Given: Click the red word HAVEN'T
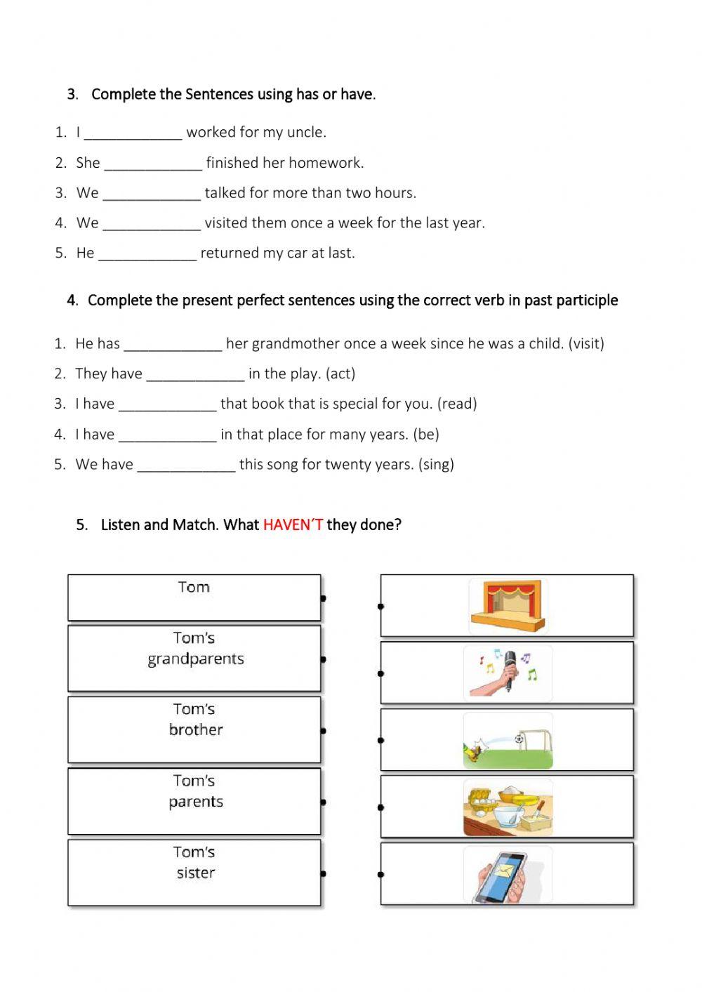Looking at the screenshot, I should [x=293, y=524].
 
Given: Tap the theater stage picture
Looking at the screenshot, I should [x=508, y=606].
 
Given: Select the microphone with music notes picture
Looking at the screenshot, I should [x=508, y=673].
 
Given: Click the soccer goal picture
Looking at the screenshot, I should [x=508, y=741].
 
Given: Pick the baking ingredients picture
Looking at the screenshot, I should [x=508, y=807].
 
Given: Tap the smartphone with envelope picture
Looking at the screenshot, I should [x=508, y=875].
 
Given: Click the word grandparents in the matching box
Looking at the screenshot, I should [x=196, y=659].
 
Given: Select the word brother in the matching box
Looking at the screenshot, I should [x=196, y=730].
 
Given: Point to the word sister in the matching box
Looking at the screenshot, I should [x=196, y=873].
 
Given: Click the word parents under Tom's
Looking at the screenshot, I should [x=196, y=802].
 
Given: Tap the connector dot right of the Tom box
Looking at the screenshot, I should [x=323, y=599].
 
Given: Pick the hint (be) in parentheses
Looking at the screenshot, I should [x=426, y=434].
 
